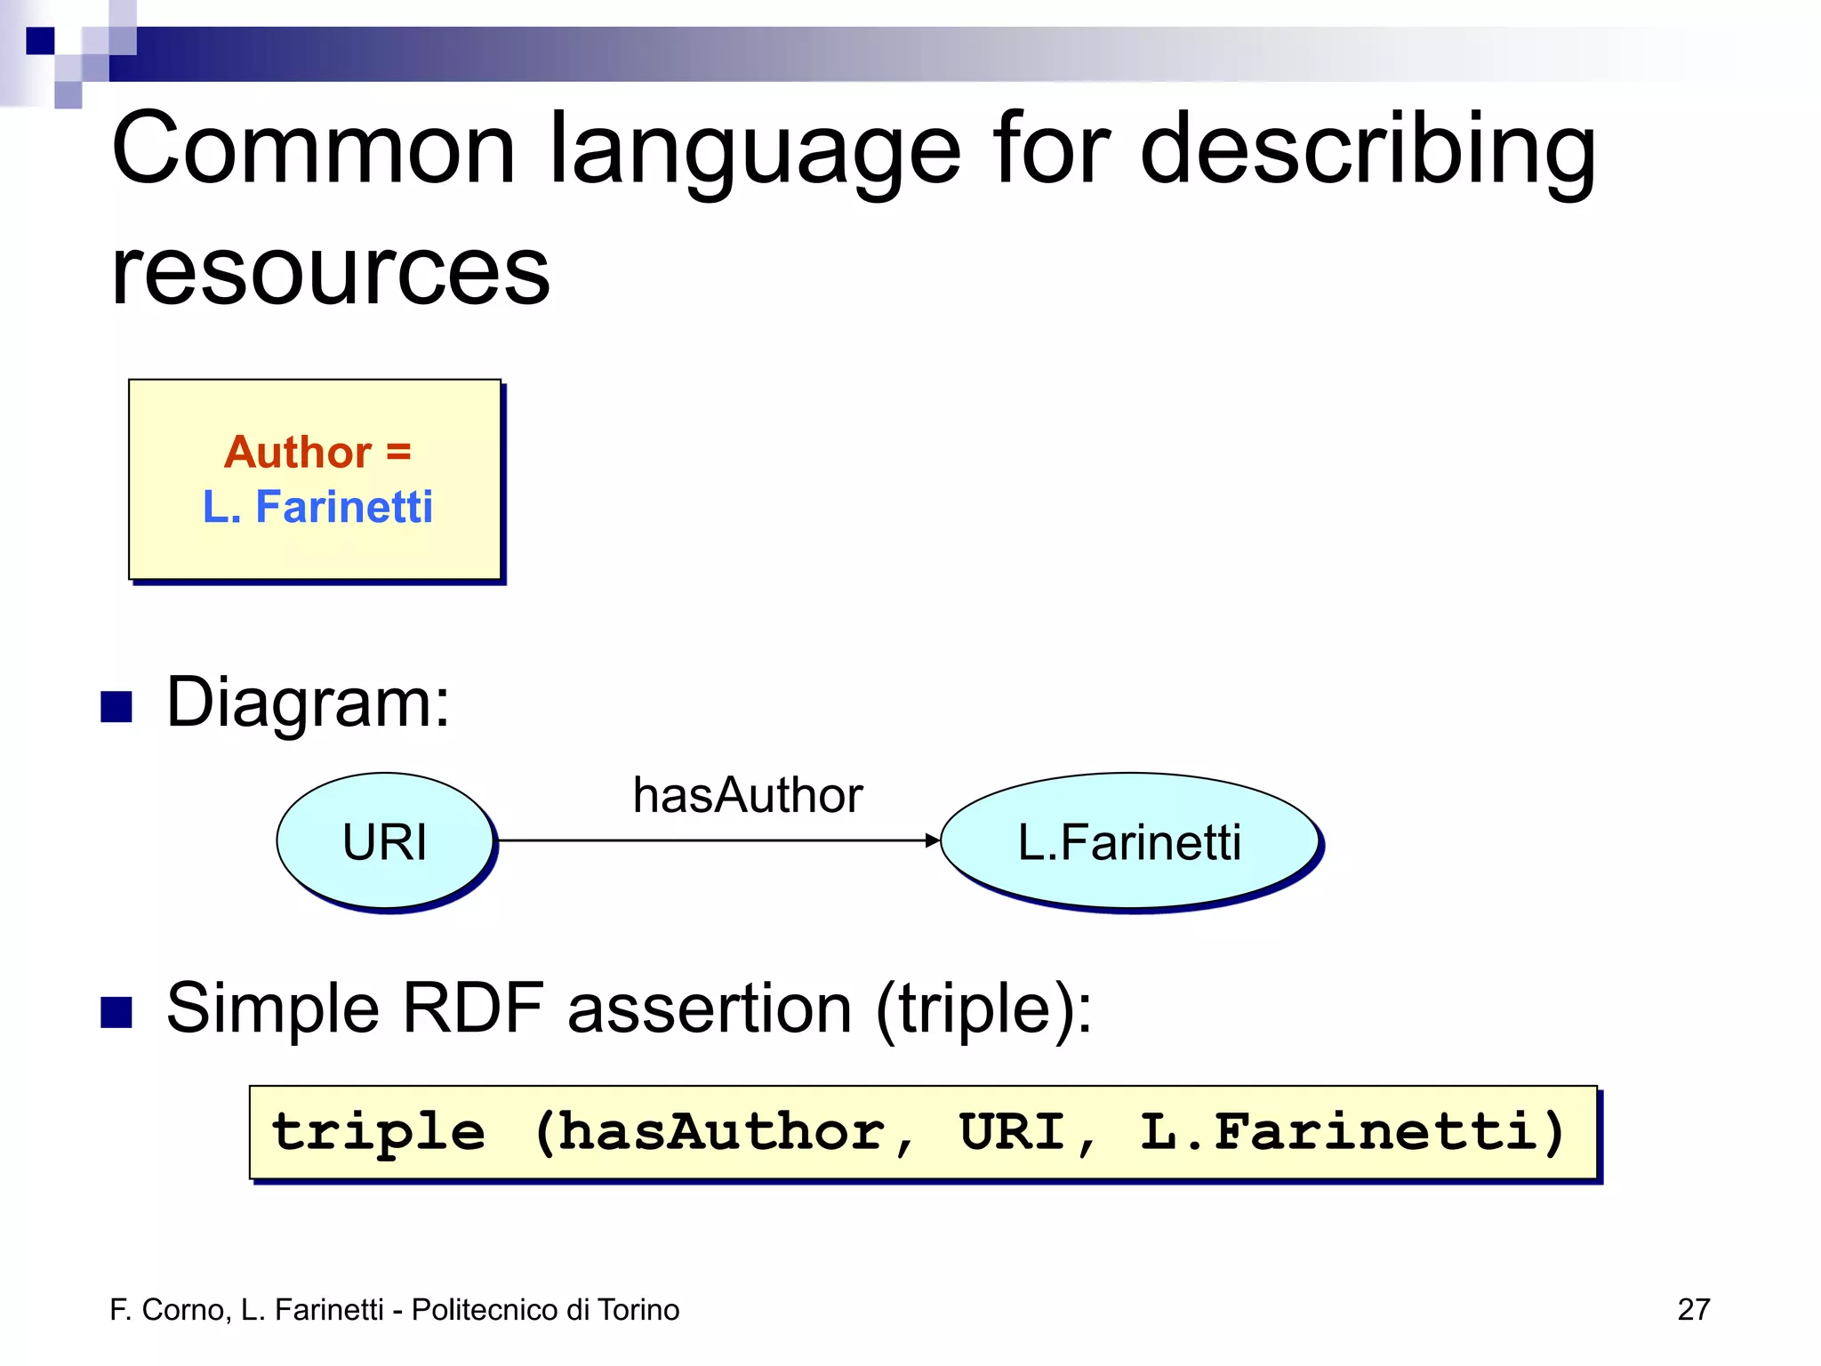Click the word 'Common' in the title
[x=313, y=149]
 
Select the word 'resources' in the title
[x=330, y=271]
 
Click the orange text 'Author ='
[x=317, y=452]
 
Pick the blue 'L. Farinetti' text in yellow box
[x=317, y=507]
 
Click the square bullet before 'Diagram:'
[x=116, y=707]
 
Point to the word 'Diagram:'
[x=308, y=703]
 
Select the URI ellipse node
[x=385, y=841]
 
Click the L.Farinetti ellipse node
[x=1129, y=841]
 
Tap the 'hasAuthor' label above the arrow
[x=747, y=795]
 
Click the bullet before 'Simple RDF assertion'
[x=116, y=1012]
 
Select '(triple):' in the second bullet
[x=983, y=1010]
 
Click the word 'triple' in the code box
[x=379, y=1133]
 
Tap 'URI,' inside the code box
[x=1028, y=1133]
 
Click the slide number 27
[x=1693, y=1309]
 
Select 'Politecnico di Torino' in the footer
[x=545, y=1309]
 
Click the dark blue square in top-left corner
[x=40, y=41]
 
